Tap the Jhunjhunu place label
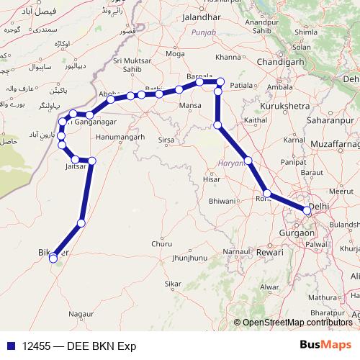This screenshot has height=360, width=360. [190, 257]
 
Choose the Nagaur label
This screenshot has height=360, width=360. [81, 315]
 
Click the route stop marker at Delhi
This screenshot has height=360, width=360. [307, 211]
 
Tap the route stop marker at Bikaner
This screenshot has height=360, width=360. [53, 258]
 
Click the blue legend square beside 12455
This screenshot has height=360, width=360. [9, 345]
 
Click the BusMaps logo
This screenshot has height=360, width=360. [326, 344]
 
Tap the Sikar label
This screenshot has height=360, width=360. [172, 284]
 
